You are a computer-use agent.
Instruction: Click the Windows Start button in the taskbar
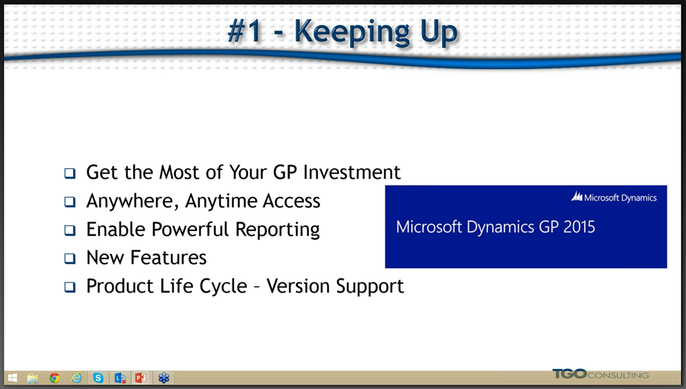pyautogui.click(x=12, y=378)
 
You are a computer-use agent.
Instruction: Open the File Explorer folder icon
pyautogui.click(x=32, y=378)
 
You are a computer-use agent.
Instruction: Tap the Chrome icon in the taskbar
pyautogui.click(x=54, y=378)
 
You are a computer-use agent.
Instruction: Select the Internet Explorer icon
pyautogui.click(x=76, y=378)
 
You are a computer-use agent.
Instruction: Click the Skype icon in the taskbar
pyautogui.click(x=98, y=378)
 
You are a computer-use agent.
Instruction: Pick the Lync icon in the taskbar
pyautogui.click(x=120, y=378)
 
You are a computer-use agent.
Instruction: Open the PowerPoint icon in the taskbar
pyautogui.click(x=141, y=378)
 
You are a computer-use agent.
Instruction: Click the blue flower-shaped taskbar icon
pyautogui.click(x=163, y=378)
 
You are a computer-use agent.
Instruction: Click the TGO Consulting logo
pyautogui.click(x=601, y=374)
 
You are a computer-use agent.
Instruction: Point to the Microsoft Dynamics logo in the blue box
pyautogui.click(x=614, y=198)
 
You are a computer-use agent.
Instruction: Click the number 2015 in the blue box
pyautogui.click(x=579, y=227)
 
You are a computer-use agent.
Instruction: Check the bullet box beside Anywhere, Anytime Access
pyautogui.click(x=70, y=202)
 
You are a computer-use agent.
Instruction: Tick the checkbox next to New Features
pyautogui.click(x=70, y=258)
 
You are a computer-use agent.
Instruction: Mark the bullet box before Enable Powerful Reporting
pyautogui.click(x=70, y=230)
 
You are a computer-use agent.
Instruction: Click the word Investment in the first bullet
pyautogui.click(x=352, y=172)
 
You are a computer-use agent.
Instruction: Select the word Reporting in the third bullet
pyautogui.click(x=277, y=230)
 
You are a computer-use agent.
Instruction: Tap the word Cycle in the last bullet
pyautogui.click(x=223, y=287)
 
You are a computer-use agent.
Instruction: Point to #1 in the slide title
pyautogui.click(x=245, y=31)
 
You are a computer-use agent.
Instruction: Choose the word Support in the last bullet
pyautogui.click(x=370, y=287)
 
